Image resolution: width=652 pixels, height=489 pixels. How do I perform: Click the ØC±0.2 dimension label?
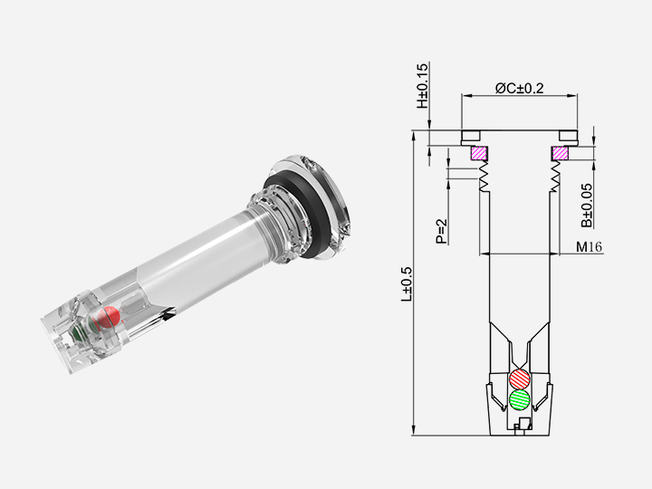[519, 88]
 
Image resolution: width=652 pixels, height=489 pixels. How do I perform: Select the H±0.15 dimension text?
[423, 86]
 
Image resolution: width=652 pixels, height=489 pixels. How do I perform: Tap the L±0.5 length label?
[408, 283]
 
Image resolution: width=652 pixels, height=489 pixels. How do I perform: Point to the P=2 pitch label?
[441, 231]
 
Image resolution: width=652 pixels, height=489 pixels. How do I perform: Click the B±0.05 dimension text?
[587, 205]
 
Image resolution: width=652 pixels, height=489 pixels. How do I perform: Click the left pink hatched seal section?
[478, 154]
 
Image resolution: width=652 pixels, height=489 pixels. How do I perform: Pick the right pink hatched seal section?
[561, 154]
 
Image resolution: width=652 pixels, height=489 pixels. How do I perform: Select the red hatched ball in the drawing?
[520, 379]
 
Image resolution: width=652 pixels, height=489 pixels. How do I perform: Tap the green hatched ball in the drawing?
[520, 399]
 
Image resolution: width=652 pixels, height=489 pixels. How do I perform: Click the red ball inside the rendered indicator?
[109, 317]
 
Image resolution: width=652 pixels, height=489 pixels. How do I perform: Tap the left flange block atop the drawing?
[470, 137]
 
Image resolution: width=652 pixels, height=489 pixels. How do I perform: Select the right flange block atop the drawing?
[569, 137]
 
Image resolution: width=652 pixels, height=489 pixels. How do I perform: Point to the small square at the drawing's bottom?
[520, 423]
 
